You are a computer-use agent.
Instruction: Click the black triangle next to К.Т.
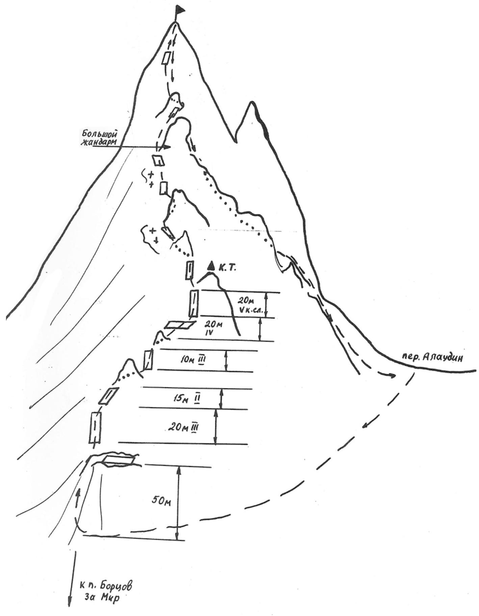click(x=211, y=266)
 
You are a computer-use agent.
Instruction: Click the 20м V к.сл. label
click(x=248, y=304)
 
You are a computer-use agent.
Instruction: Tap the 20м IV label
click(x=213, y=329)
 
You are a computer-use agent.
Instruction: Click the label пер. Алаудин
click(x=432, y=358)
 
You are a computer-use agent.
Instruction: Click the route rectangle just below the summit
click(x=166, y=58)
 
